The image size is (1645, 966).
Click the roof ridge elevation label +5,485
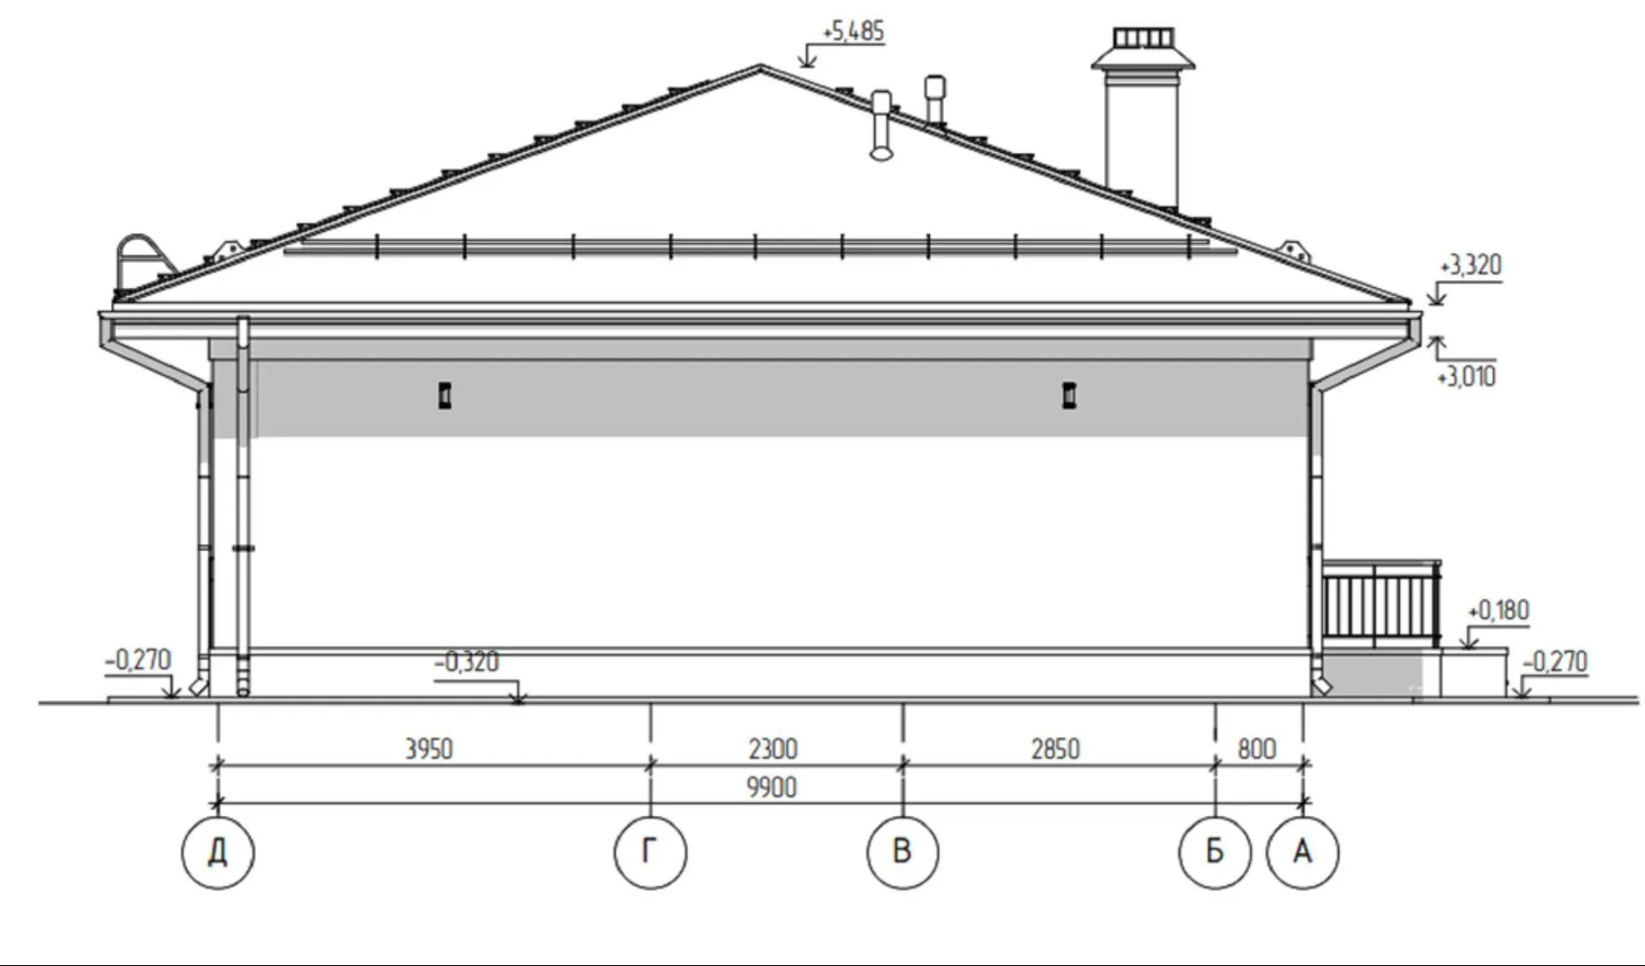(x=853, y=32)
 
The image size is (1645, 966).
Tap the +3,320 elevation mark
(x=1471, y=266)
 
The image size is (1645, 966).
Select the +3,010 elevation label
(x=1466, y=377)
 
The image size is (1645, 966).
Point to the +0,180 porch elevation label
(x=1498, y=611)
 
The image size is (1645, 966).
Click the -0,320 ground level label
(x=466, y=663)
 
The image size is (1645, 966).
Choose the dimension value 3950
(x=429, y=749)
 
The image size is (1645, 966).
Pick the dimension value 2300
(x=773, y=749)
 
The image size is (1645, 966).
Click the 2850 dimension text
(x=1056, y=749)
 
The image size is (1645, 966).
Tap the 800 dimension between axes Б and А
(x=1257, y=749)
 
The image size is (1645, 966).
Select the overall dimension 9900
(x=772, y=788)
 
